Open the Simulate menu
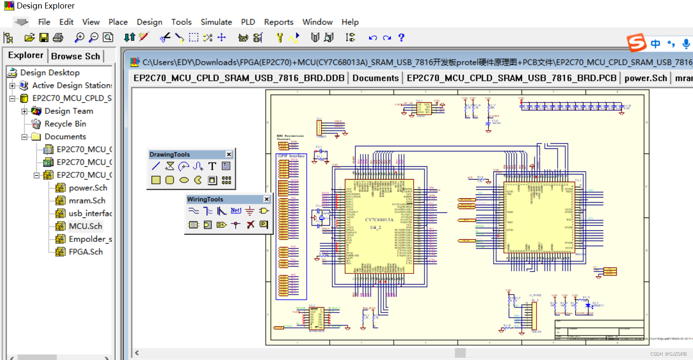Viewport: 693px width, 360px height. [x=216, y=22]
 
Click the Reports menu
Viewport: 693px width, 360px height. [x=278, y=22]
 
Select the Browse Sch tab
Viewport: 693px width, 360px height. [x=76, y=56]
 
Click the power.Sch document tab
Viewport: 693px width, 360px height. [x=645, y=78]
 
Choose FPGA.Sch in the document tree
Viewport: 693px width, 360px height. [x=85, y=252]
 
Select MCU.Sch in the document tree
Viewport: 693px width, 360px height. [x=85, y=226]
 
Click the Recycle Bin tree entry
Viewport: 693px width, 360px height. [x=65, y=124]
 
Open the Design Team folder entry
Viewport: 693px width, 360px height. [x=68, y=111]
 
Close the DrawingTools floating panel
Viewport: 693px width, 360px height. [x=229, y=154]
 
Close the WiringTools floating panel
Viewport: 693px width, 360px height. [x=266, y=199]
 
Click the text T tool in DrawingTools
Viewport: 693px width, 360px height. [x=212, y=166]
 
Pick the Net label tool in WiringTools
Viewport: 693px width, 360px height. [x=236, y=211]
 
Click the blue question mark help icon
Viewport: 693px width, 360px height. [x=401, y=38]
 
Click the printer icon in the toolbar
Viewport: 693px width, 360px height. [x=58, y=38]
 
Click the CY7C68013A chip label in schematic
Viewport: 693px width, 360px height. [x=379, y=220]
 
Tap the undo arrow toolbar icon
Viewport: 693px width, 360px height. [x=373, y=38]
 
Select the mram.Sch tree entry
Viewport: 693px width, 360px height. [x=87, y=201]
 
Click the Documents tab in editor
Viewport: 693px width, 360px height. [x=376, y=78]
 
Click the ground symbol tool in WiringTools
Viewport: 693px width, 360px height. [x=250, y=211]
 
